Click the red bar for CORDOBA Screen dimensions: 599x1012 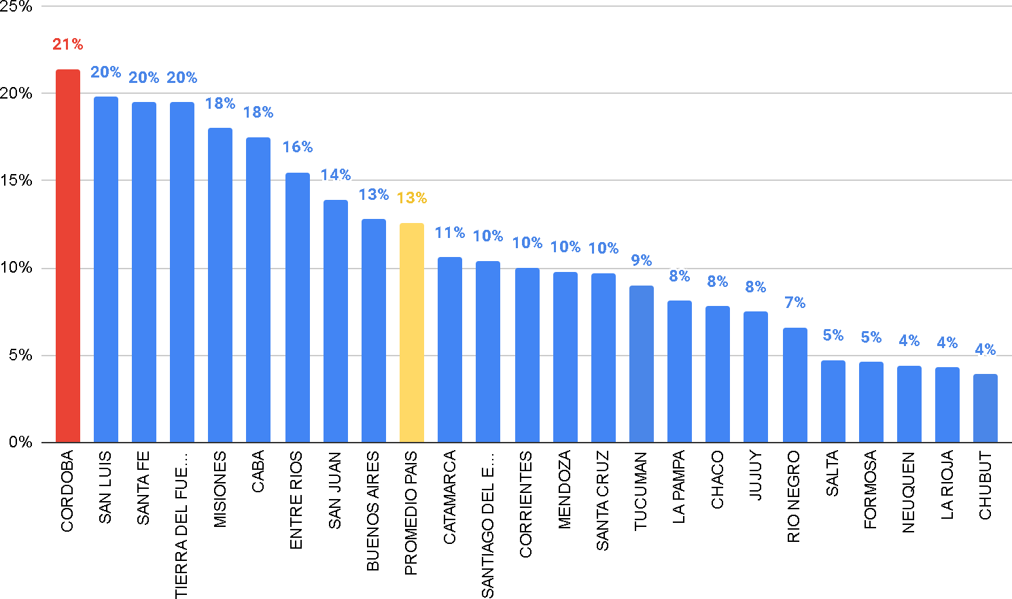point(67,256)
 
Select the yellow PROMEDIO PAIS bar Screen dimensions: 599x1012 point(411,332)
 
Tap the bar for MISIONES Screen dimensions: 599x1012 point(220,285)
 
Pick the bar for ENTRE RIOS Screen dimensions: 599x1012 point(297,307)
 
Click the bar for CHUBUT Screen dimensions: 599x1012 point(985,408)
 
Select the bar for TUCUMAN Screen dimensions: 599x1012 point(641,364)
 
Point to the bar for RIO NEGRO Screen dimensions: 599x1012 point(795,385)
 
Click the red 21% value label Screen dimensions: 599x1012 point(67,45)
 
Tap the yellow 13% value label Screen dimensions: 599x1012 point(411,198)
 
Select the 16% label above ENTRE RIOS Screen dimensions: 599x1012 point(297,147)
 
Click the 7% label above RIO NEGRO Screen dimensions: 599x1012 point(795,303)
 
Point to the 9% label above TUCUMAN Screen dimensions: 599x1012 point(641,260)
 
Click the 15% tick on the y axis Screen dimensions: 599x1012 point(16,180)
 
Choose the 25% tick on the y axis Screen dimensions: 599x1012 point(16,7)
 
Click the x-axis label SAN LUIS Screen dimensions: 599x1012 point(105,487)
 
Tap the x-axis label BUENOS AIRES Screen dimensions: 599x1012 point(372,511)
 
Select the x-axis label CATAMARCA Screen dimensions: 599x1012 point(449,498)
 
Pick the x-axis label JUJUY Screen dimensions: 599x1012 point(755,476)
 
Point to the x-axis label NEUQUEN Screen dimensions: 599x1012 point(908,492)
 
